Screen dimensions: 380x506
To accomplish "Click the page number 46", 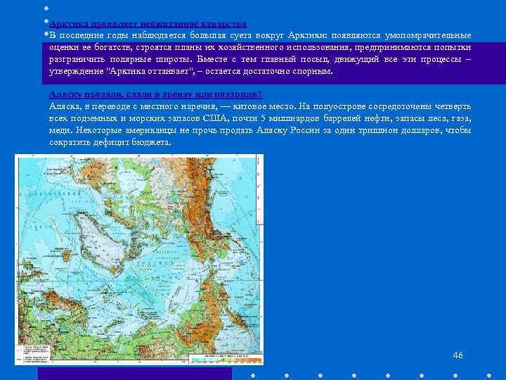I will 458,355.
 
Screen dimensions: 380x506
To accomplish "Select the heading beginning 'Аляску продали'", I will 155,95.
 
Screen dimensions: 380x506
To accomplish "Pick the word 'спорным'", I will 311,72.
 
